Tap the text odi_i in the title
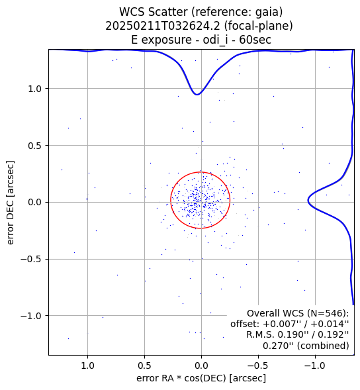(215, 40)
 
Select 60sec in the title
(255, 40)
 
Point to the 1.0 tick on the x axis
(87, 366)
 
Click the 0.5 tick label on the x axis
(144, 366)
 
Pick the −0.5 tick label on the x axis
(258, 366)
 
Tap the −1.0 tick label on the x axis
(315, 366)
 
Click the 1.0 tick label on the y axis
(35, 89)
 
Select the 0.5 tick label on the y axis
(35, 146)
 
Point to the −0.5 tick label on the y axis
(31, 259)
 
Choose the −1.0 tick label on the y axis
(31, 316)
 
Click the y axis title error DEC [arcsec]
(11, 203)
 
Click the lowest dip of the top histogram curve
(197, 95)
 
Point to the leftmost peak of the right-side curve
(308, 200)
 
